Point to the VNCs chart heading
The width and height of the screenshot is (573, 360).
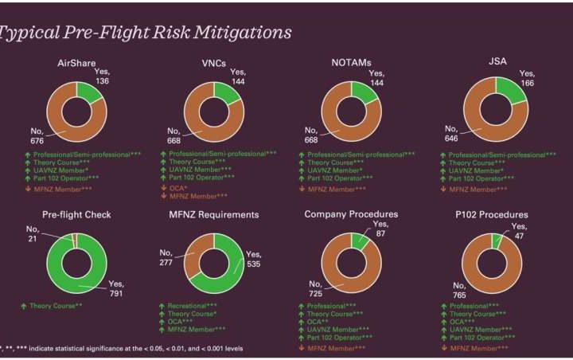tap(218, 63)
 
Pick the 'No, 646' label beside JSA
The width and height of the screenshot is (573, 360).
tap(450, 133)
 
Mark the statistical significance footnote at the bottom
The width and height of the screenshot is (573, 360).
tap(119, 349)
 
